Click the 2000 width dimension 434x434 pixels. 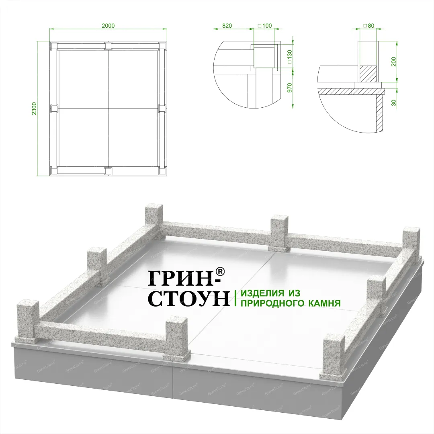pyautogui.click(x=108, y=26)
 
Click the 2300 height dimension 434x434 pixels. pyautogui.click(x=34, y=109)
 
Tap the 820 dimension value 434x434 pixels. pyautogui.click(x=227, y=26)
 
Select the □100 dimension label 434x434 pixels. pyautogui.click(x=265, y=26)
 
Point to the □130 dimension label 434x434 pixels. pyautogui.click(x=290, y=57)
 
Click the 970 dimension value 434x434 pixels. pyautogui.click(x=290, y=88)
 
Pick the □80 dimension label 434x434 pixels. pyautogui.click(x=368, y=26)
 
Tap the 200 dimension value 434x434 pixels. pyautogui.click(x=393, y=61)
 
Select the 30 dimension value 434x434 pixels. pyautogui.click(x=393, y=103)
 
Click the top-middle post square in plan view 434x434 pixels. pyautogui.click(x=108, y=45)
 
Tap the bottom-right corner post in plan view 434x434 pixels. pyautogui.click(x=162, y=171)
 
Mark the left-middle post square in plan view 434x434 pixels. pyautogui.click(x=54, y=108)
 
